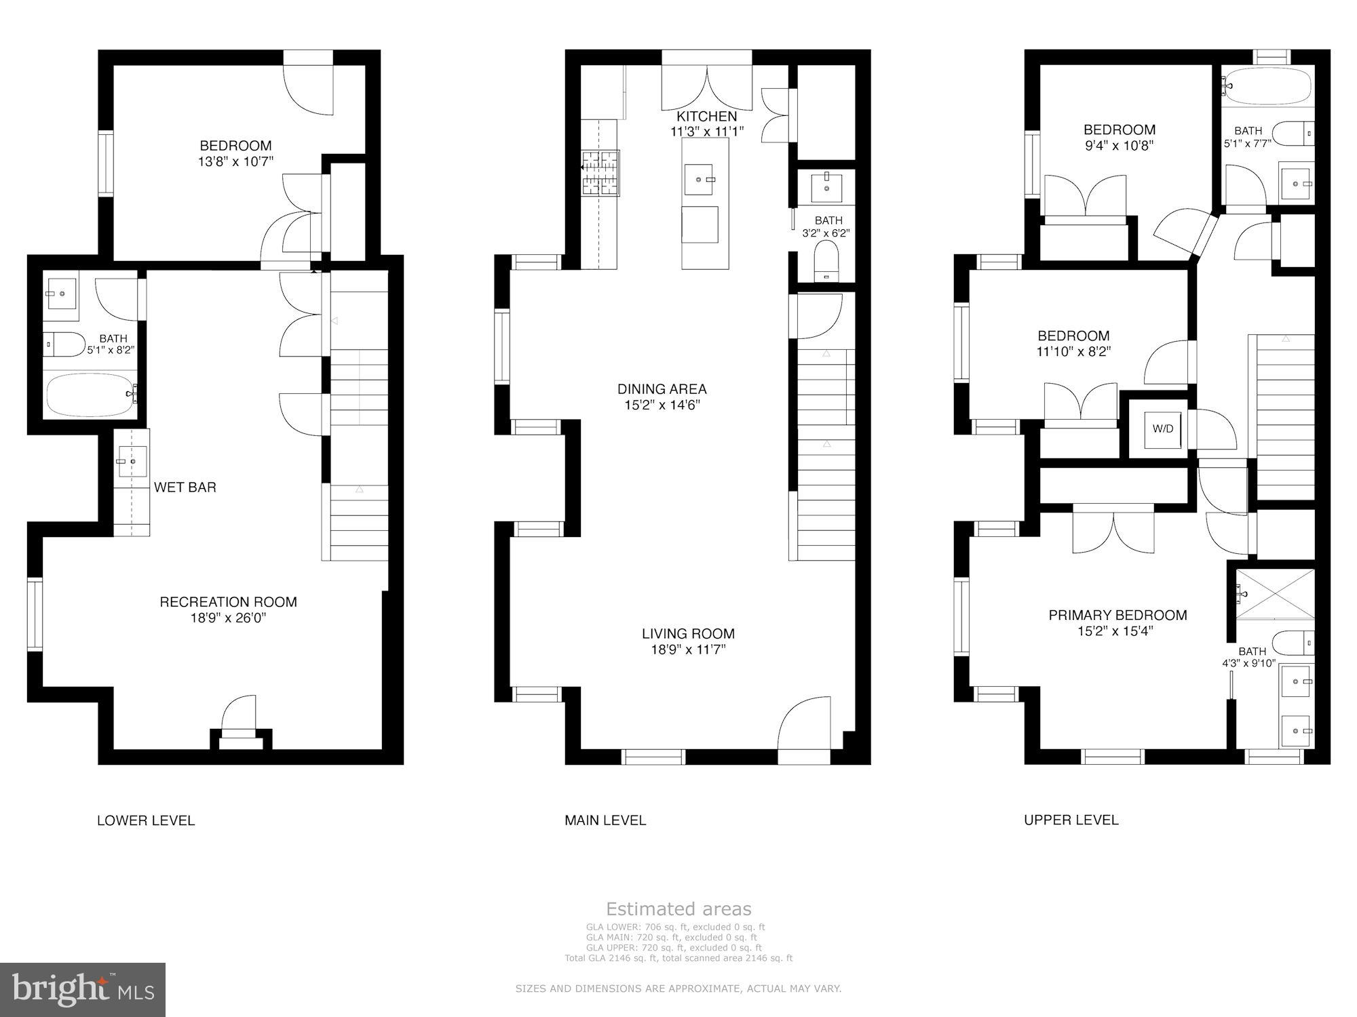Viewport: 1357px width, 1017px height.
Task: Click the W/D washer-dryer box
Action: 1162,429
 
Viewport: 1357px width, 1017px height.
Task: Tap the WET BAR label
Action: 185,487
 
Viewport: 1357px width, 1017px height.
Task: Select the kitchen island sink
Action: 700,179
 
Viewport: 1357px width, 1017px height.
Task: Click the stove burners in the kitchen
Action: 600,173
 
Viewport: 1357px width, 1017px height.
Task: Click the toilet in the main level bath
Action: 826,262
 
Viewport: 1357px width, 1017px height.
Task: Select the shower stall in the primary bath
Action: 1275,594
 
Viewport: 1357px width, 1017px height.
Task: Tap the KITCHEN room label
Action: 706,116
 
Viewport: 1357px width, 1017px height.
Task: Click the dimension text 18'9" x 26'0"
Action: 228,618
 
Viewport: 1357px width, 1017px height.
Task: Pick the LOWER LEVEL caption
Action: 146,820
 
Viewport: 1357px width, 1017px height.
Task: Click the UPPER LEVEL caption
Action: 1071,820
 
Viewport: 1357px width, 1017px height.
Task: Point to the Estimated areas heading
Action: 678,909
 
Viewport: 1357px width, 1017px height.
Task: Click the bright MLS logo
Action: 83,990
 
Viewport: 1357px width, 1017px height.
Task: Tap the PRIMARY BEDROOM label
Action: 1117,615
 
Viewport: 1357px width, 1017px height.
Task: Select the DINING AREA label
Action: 662,388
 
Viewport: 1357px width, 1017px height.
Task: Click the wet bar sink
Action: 131,461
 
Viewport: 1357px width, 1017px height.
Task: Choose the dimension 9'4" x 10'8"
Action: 1119,145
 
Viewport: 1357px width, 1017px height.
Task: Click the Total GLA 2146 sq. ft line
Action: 678,958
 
